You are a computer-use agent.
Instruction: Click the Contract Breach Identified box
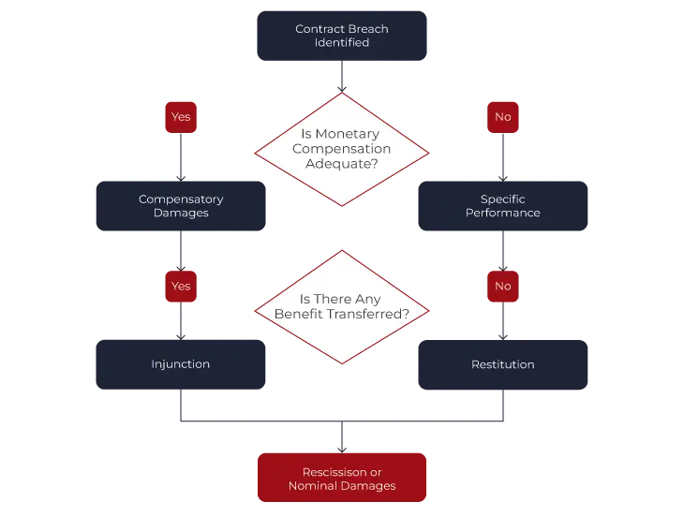click(x=341, y=36)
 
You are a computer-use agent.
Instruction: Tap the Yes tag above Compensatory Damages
click(x=180, y=117)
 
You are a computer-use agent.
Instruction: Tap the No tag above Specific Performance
click(x=503, y=117)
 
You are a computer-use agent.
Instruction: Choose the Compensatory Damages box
click(x=180, y=206)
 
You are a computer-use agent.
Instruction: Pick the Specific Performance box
click(x=502, y=206)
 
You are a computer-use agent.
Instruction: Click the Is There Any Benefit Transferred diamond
click(x=341, y=307)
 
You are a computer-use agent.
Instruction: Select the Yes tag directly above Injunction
click(x=180, y=286)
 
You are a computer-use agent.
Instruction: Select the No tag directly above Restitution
click(x=503, y=286)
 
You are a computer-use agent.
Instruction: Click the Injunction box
click(x=180, y=363)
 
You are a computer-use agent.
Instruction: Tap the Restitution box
click(x=502, y=363)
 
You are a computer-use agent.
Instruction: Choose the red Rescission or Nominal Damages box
click(x=341, y=478)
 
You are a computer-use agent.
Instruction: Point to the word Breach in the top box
click(x=367, y=29)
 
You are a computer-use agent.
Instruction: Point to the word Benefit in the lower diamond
click(x=299, y=314)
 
